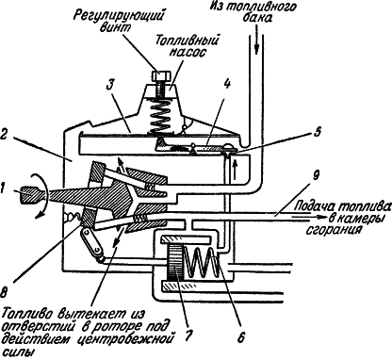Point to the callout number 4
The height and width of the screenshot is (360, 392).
tap(227, 86)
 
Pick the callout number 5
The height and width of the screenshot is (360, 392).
tap(318, 132)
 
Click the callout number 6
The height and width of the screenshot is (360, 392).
tap(241, 338)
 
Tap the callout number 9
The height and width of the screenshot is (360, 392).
tap(316, 176)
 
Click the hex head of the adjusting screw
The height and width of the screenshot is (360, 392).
tap(161, 75)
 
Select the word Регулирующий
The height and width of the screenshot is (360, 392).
tap(120, 15)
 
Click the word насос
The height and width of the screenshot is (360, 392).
tap(188, 52)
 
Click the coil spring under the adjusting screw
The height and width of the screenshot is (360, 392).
tap(160, 115)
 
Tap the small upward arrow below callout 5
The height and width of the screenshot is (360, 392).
tap(233, 169)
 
